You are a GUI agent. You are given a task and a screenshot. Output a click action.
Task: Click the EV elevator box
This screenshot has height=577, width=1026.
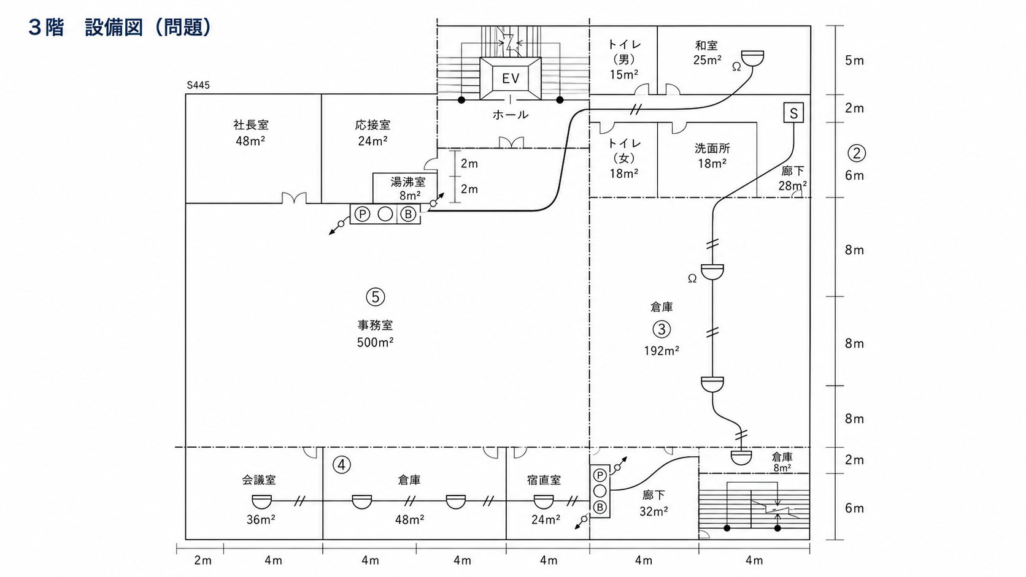pos(511,78)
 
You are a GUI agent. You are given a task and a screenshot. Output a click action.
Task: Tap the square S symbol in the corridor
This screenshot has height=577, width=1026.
pos(793,113)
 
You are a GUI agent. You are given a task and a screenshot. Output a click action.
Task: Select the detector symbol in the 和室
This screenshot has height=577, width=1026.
pos(752,58)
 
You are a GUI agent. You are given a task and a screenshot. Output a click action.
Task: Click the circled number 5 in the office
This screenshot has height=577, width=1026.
pos(375,297)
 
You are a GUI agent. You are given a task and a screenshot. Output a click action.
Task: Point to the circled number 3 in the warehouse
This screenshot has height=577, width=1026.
pos(661,329)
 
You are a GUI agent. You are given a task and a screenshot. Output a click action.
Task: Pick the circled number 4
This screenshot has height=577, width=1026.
pos(341,465)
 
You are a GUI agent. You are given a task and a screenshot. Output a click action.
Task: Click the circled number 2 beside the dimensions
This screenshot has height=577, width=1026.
pos(857,153)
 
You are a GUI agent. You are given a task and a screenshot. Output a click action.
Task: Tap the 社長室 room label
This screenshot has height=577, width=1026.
pos(250,124)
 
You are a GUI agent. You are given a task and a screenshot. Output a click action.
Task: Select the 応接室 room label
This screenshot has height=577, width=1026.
pos(372,124)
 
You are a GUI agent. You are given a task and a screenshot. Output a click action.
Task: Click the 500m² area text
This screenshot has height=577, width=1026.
pos(375,342)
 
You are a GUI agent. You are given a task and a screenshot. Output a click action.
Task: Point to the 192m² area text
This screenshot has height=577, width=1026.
pos(661,351)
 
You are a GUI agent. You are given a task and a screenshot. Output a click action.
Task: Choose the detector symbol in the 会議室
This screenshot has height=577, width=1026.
pos(261,502)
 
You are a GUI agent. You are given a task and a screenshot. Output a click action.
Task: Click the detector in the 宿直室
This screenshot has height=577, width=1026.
pos(544,502)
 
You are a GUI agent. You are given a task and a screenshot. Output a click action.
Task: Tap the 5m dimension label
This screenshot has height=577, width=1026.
pos(854,61)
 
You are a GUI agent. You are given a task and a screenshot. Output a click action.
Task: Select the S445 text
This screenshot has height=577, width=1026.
pos(198,85)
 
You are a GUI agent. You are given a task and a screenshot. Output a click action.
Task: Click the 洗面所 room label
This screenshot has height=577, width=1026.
pos(712,148)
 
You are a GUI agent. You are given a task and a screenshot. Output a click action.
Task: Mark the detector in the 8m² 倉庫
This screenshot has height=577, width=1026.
pos(741,457)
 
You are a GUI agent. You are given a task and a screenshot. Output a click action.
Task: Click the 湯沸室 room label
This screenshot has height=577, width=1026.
pos(408,182)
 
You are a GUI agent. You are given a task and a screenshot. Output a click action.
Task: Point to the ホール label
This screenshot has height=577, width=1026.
pos(511,115)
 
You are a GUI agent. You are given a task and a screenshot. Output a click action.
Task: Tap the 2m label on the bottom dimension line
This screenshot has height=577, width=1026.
pos(202,560)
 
